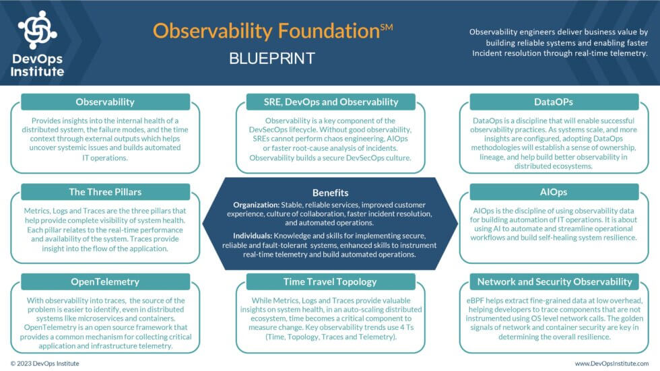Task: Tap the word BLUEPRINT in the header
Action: [x=272, y=59]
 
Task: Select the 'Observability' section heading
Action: [x=105, y=102]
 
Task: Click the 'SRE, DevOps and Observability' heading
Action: [x=331, y=102]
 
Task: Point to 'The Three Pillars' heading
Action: [x=105, y=192]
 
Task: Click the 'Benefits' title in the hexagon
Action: [x=331, y=192]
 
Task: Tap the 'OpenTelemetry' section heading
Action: [x=105, y=281]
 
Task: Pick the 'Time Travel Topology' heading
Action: [x=331, y=281]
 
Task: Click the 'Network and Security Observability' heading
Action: [x=554, y=281]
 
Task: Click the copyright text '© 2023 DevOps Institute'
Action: [x=44, y=364]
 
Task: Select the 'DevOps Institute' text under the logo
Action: [x=38, y=65]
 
